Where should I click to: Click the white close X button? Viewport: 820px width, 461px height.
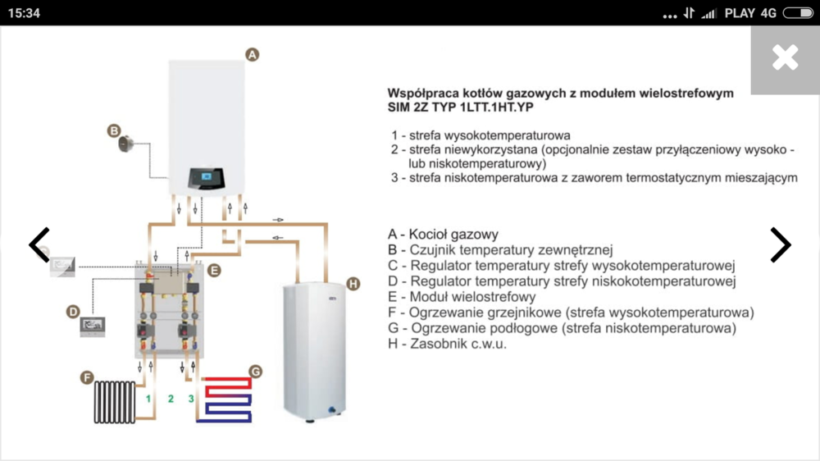coord(785,57)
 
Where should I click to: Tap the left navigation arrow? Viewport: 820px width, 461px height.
coord(39,244)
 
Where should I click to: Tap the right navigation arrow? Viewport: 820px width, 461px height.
coord(780,244)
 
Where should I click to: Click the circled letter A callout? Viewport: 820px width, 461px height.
coord(253,54)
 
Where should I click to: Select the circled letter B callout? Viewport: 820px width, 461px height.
coord(114,130)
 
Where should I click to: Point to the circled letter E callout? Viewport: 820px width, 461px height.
coord(213,270)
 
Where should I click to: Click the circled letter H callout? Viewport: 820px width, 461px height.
coord(353,284)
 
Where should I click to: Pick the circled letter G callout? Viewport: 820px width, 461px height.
coord(255,372)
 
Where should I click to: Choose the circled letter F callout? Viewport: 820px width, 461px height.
coord(86,377)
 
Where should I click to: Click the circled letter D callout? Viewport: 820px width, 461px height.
coord(73,311)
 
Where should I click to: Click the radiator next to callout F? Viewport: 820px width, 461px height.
coord(115,402)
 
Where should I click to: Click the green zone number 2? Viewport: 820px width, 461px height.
coord(171,399)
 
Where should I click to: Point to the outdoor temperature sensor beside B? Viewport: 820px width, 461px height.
coord(127,144)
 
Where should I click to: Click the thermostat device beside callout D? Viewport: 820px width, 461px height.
coord(92,326)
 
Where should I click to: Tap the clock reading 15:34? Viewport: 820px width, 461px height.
coord(24,13)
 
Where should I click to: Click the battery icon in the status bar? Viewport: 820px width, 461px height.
coord(798,13)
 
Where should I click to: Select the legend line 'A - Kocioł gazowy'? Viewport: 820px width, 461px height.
coord(444,235)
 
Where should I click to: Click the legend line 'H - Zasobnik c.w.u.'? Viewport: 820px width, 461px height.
coord(448,344)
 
